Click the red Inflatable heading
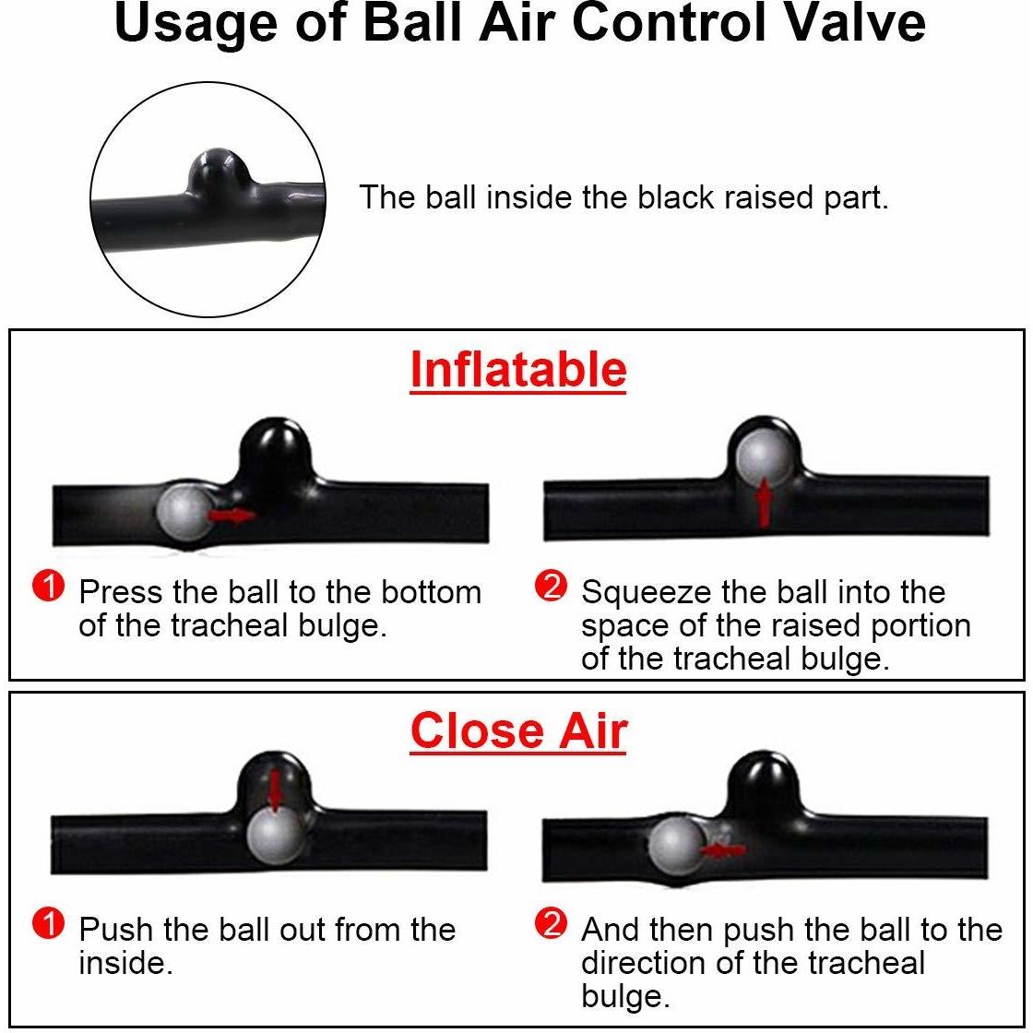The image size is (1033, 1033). [x=517, y=370]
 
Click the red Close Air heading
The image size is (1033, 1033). [x=518, y=732]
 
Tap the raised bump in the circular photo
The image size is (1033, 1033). [x=218, y=170]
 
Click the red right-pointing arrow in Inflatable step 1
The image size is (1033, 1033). [x=231, y=516]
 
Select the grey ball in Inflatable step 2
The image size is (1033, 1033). [x=765, y=457]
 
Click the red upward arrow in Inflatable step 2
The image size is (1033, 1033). [x=764, y=503]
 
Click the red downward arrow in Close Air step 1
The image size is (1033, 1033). [x=274, y=790]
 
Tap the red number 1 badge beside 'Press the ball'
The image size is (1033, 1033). [x=48, y=586]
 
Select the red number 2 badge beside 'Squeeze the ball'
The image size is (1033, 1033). [x=551, y=586]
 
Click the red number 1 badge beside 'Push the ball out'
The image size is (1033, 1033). [x=48, y=923]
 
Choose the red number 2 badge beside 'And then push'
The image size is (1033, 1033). [x=551, y=923]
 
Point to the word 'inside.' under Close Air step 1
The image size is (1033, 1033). [x=125, y=964]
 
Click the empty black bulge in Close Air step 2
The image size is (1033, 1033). [x=765, y=784]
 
